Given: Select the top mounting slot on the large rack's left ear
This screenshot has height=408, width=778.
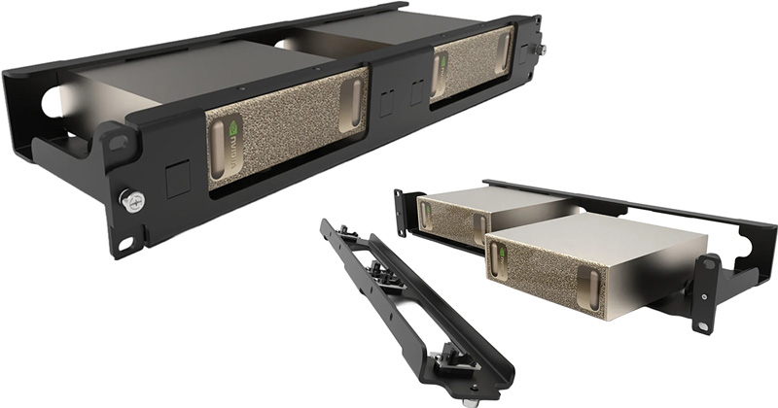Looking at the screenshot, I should tap(118, 142).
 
